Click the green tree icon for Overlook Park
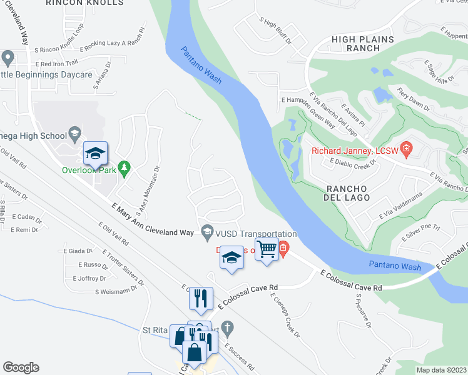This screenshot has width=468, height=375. coord(125,167)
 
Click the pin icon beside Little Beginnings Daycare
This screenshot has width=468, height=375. coord(8,59)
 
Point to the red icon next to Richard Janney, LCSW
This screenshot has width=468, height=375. coord(406,149)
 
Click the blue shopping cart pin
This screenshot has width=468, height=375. coord(267,249)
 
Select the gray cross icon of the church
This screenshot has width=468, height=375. coord(228,328)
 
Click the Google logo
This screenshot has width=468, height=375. coord(21,367)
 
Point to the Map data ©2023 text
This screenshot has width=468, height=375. coord(441,370)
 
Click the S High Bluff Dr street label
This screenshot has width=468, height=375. coord(275,30)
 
